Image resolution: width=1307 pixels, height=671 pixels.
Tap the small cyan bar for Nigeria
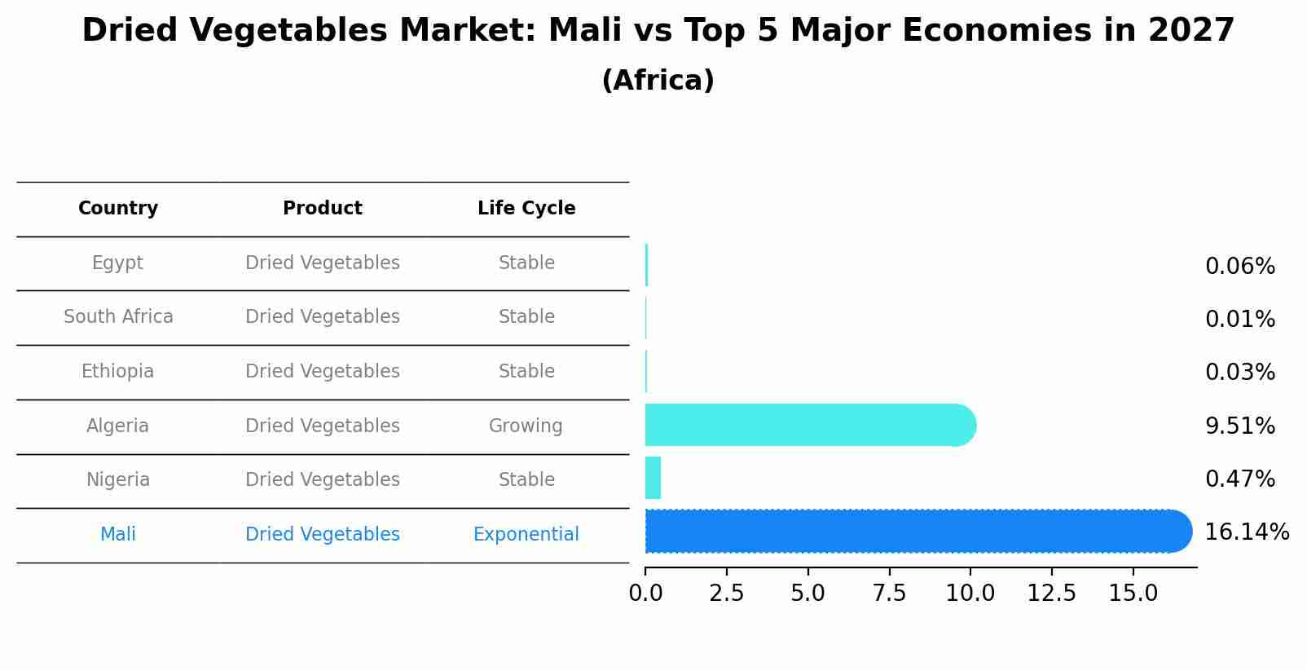click(x=653, y=478)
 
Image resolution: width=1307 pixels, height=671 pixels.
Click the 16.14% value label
click(x=1247, y=532)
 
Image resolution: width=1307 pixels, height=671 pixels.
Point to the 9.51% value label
click(x=1239, y=426)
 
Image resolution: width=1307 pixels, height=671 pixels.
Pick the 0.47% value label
click(x=1239, y=479)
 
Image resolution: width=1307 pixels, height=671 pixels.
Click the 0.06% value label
click(x=1239, y=267)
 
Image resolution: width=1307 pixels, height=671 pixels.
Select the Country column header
click(x=118, y=209)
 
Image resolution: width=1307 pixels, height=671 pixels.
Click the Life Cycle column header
click(x=526, y=209)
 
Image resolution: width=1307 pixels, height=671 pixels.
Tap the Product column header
click(x=323, y=209)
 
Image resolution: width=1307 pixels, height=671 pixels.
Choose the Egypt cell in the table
click(x=117, y=263)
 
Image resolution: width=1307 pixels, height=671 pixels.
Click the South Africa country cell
click(x=118, y=317)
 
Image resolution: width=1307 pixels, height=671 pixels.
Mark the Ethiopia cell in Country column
click(x=117, y=372)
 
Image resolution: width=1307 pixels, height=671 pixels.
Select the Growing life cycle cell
click(x=526, y=426)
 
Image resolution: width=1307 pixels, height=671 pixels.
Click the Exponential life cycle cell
click(x=526, y=535)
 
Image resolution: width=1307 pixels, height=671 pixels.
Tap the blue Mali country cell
click(x=117, y=535)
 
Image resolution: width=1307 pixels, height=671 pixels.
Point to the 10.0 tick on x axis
click(x=970, y=594)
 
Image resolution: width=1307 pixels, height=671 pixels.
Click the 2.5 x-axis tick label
click(x=726, y=594)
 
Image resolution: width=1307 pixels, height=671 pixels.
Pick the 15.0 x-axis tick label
click(x=1133, y=594)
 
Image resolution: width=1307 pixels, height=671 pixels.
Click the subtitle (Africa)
click(x=658, y=81)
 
